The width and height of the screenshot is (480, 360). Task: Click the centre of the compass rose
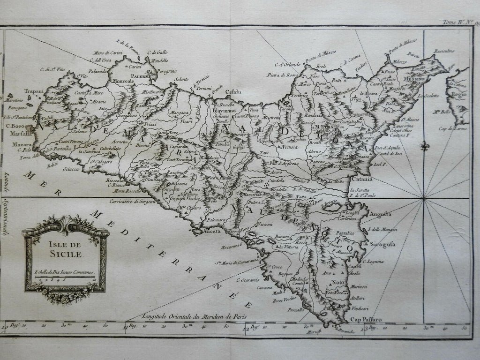tap(424, 199)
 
